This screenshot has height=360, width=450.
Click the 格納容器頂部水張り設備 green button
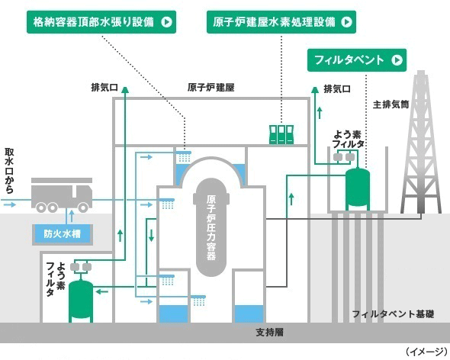point(101,22)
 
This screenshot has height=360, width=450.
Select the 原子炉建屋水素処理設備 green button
point(281,22)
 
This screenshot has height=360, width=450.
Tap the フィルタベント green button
point(357,60)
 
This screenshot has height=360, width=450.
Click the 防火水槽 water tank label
point(63,234)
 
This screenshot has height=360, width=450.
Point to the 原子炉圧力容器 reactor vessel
point(211,227)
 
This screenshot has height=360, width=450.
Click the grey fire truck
point(62,195)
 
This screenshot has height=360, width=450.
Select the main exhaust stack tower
point(421,143)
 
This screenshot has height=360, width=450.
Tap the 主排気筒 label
point(391,104)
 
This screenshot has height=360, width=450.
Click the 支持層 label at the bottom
point(270,332)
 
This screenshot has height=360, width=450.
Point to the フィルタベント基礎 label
point(393,314)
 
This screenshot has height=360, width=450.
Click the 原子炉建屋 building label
point(211,87)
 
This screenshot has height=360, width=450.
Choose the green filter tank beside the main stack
point(357,189)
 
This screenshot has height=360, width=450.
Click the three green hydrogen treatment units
point(281,134)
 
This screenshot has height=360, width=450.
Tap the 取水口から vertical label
point(9,171)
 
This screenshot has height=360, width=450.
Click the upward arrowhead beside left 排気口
point(125,89)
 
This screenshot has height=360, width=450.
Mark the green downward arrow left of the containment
point(151,235)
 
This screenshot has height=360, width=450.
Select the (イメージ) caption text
point(426,352)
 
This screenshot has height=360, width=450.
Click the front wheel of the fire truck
point(83,207)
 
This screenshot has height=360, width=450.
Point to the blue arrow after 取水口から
point(10,204)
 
